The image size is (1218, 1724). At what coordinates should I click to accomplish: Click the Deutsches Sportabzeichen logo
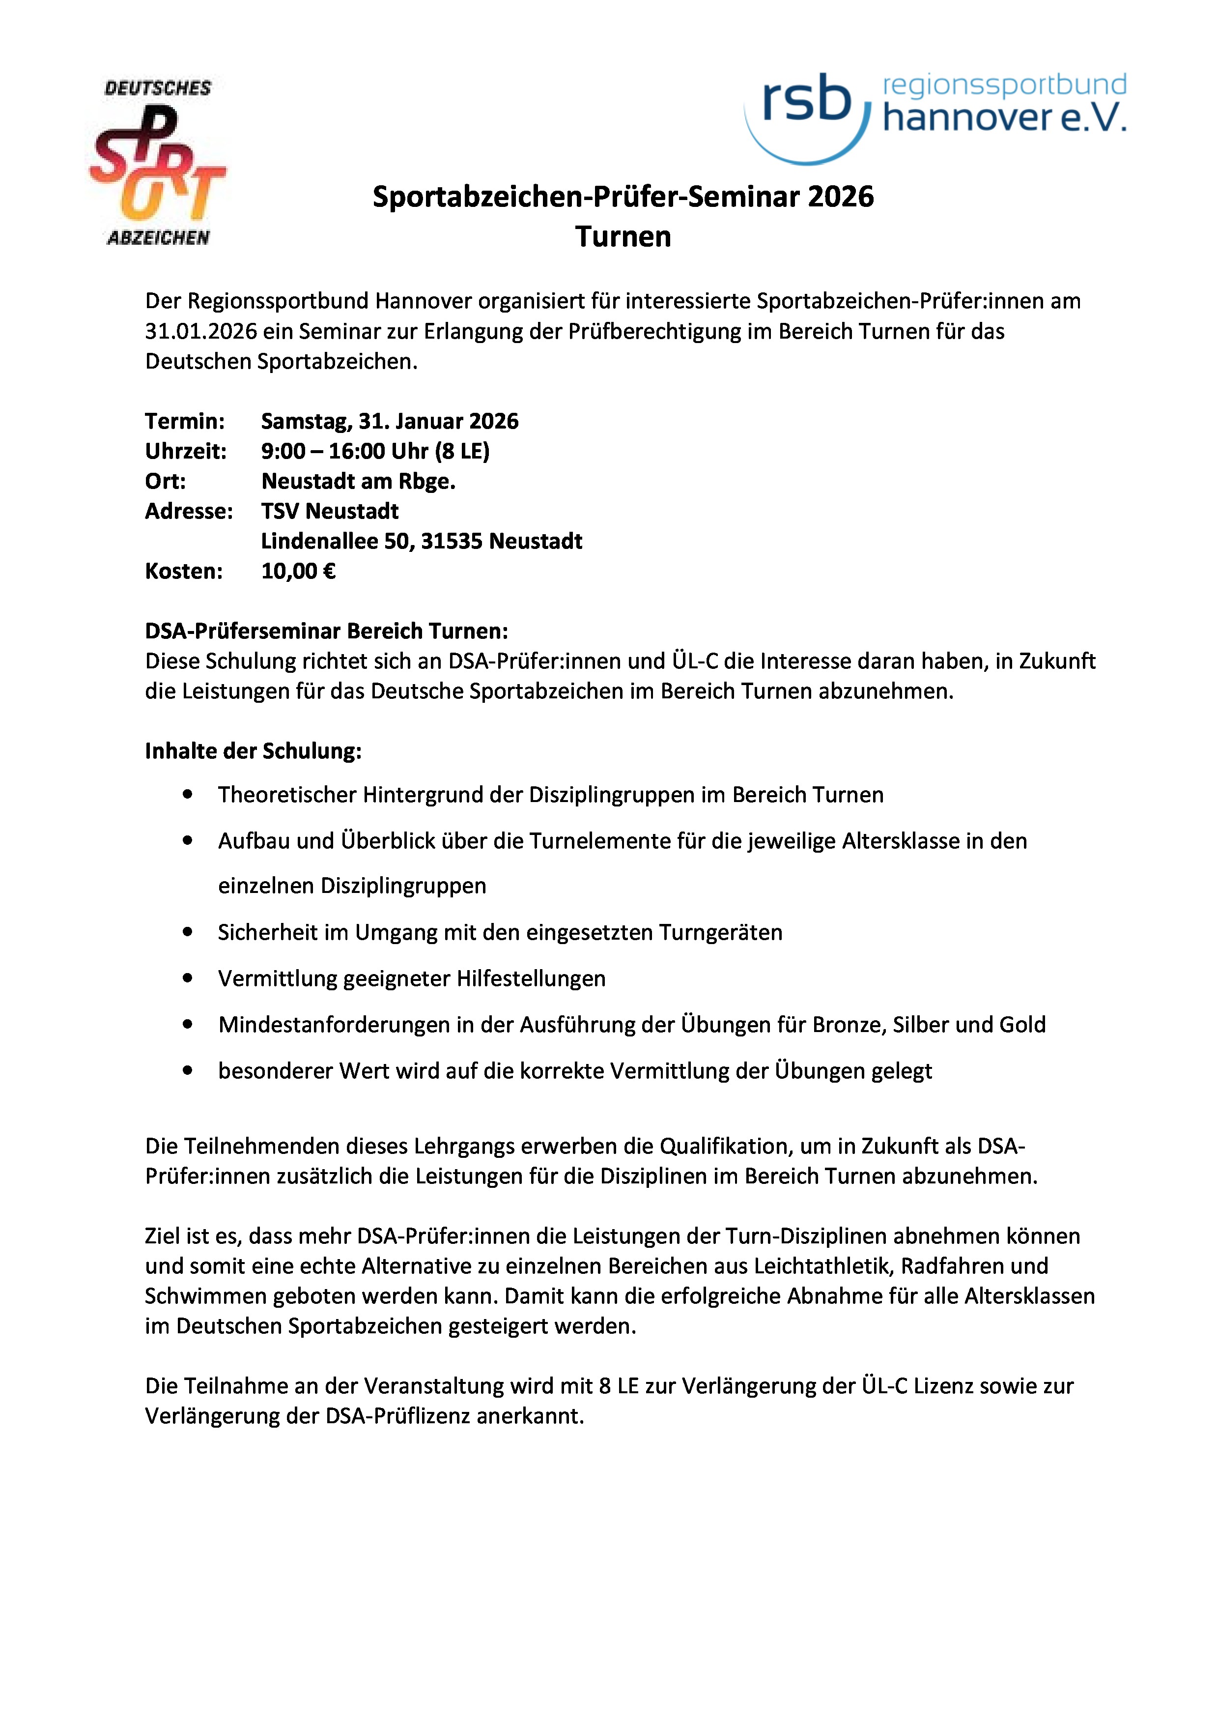pyautogui.click(x=158, y=163)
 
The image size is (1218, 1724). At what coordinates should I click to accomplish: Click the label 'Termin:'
pyautogui.click(x=185, y=421)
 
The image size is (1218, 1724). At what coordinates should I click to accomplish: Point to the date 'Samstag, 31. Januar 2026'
pyautogui.click(x=390, y=421)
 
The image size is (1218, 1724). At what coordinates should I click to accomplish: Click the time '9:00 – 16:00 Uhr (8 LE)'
pyautogui.click(x=375, y=451)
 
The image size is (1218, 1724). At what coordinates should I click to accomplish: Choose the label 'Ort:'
pyautogui.click(x=165, y=481)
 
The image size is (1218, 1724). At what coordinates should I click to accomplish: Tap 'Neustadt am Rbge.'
pyautogui.click(x=358, y=481)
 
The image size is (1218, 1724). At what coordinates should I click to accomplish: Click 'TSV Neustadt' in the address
pyautogui.click(x=330, y=511)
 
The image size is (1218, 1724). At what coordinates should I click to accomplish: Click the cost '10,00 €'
pyautogui.click(x=298, y=572)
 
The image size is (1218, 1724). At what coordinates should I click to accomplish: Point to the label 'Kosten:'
pyautogui.click(x=184, y=572)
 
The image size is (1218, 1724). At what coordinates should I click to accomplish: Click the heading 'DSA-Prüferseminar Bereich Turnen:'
pyautogui.click(x=326, y=631)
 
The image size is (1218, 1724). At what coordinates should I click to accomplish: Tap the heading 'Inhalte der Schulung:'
pyautogui.click(x=253, y=751)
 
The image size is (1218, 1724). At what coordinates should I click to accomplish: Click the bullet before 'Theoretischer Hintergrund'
pyautogui.click(x=188, y=794)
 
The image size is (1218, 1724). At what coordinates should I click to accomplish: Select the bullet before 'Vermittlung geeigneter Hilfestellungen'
pyautogui.click(x=188, y=978)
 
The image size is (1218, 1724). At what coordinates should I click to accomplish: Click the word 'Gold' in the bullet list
pyautogui.click(x=1021, y=1025)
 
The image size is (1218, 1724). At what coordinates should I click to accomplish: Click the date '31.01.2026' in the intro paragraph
pyautogui.click(x=200, y=331)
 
